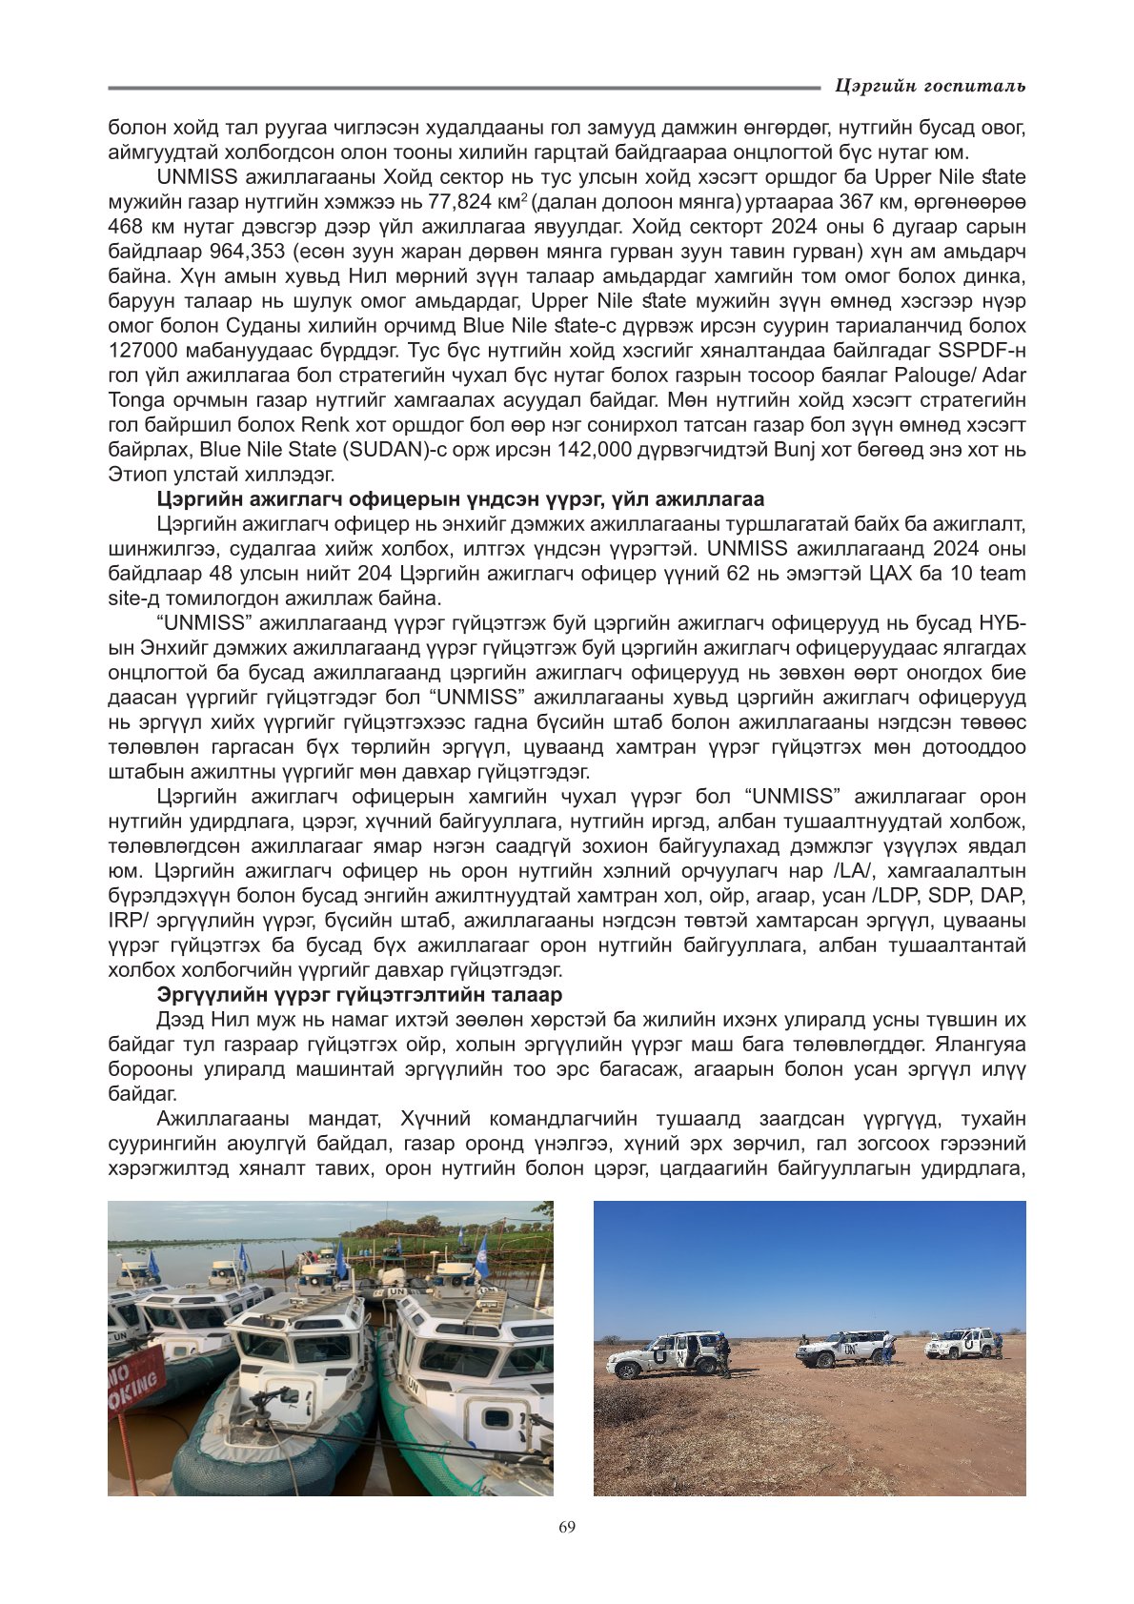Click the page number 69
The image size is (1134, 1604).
[x=567, y=1527]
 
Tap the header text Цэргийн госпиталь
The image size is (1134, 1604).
[x=929, y=87]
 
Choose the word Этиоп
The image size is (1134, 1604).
[x=132, y=475]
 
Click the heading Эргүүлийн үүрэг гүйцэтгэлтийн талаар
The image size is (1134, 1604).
[x=359, y=995]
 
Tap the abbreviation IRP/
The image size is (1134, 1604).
[x=131, y=921]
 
